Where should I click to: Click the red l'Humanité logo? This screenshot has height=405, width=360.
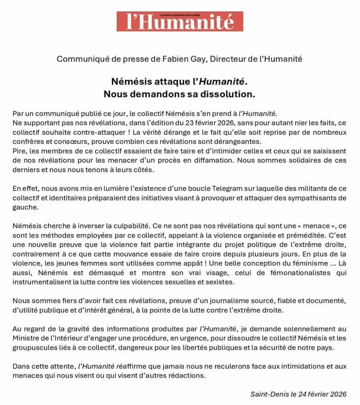180,22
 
